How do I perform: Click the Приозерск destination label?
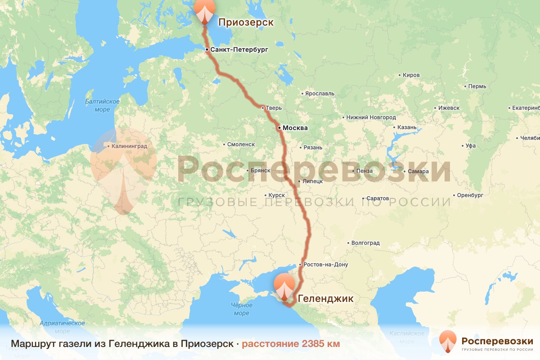tap(246, 22)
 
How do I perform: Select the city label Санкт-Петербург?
tap(238, 50)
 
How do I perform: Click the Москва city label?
tap(295, 128)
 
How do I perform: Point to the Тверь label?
tap(274, 108)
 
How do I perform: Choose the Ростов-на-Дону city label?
tap(326, 265)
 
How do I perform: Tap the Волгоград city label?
tap(365, 243)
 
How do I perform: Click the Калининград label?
tap(129, 146)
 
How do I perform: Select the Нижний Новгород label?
tap(371, 117)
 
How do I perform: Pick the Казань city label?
tap(407, 127)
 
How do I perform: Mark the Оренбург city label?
tap(470, 195)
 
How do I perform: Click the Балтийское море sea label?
tap(103, 105)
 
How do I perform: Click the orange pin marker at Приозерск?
tap(205, 11)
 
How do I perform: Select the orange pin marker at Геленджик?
tap(285, 288)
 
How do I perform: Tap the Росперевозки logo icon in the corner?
tap(448, 341)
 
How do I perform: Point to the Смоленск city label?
tap(241, 144)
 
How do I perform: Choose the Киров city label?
tap(411, 75)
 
